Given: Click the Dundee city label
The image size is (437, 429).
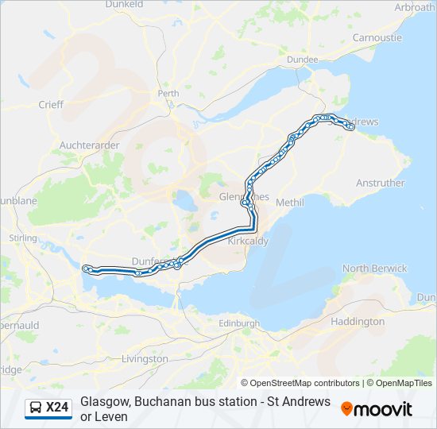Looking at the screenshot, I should pyautogui.click(x=325, y=59).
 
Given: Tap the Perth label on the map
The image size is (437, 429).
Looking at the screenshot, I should pyautogui.click(x=168, y=93).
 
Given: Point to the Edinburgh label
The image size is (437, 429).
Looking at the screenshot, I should pyautogui.click(x=239, y=323).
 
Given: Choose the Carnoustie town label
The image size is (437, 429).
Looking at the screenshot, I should pyautogui.click(x=377, y=37).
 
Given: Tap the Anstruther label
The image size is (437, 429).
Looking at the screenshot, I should pyautogui.click(x=380, y=183).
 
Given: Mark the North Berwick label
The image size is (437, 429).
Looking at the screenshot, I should pyautogui.click(x=374, y=269).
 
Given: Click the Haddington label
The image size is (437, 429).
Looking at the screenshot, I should pyautogui.click(x=358, y=322).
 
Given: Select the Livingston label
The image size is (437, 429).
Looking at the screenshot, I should pyautogui.click(x=145, y=359).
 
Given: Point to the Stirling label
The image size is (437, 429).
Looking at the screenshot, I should pyautogui.click(x=22, y=238).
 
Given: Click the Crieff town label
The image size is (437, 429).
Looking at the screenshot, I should pyautogui.click(x=50, y=105).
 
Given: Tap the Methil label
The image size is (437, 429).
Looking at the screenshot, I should pyautogui.click(x=289, y=203).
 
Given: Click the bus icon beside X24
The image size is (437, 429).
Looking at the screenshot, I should pyautogui.click(x=36, y=408).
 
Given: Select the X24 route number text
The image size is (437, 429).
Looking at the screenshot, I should pyautogui.click(x=57, y=408).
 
